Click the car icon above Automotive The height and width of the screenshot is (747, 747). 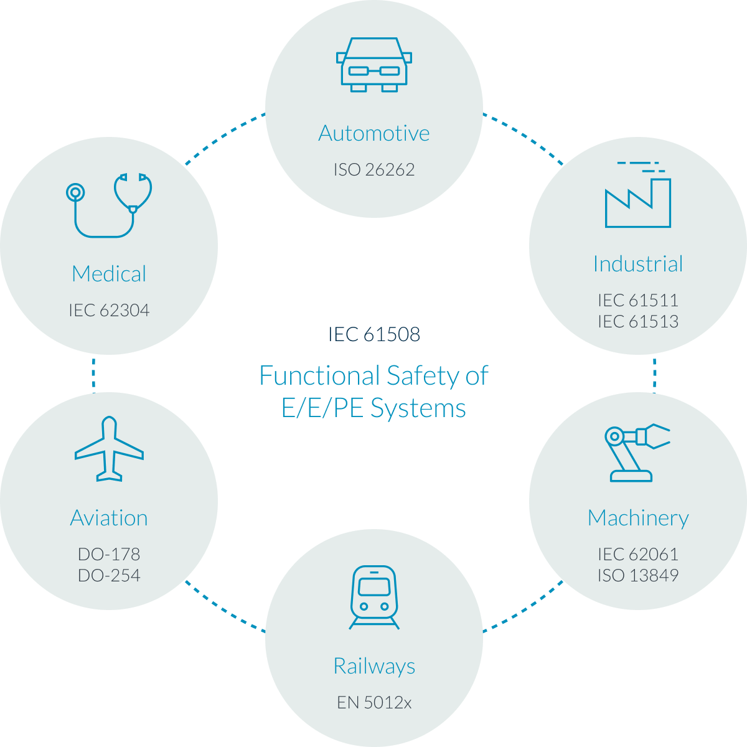tap(374, 65)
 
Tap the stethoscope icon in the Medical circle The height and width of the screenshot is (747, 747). tap(110, 204)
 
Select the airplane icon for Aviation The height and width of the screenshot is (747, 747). tap(109, 449)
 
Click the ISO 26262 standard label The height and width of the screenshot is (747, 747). tap(374, 169)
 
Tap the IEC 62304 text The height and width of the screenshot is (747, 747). tap(109, 310)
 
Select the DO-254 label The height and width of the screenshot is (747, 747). tap(109, 575)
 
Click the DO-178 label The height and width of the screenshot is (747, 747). tap(109, 554)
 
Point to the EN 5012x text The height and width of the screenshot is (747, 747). tap(374, 703)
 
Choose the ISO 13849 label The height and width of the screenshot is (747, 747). tap(638, 575)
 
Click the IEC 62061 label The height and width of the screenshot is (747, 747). tap(638, 554)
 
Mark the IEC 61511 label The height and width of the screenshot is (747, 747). tap(638, 300)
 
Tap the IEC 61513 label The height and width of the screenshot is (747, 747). tap(638, 321)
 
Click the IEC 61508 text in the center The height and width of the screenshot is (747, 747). tap(374, 335)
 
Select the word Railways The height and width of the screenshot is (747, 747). tap(374, 666)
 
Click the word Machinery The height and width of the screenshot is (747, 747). tap(638, 518)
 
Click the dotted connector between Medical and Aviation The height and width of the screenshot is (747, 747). tap(93, 372)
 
